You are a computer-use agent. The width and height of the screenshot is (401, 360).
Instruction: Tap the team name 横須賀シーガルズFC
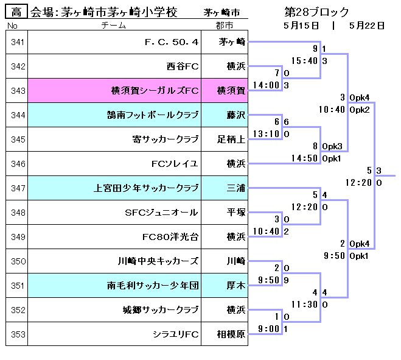pyautogui.click(x=155, y=91)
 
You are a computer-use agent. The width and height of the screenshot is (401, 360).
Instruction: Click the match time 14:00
pyautogui.click(x=267, y=85)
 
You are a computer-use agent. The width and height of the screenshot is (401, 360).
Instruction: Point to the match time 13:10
pyautogui.click(x=267, y=134)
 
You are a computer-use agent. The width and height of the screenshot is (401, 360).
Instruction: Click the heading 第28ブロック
pyautogui.click(x=316, y=12)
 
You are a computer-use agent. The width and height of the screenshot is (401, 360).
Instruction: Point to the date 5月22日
pyautogui.click(x=367, y=26)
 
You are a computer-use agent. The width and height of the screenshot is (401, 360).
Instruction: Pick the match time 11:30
pyautogui.click(x=304, y=304)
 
